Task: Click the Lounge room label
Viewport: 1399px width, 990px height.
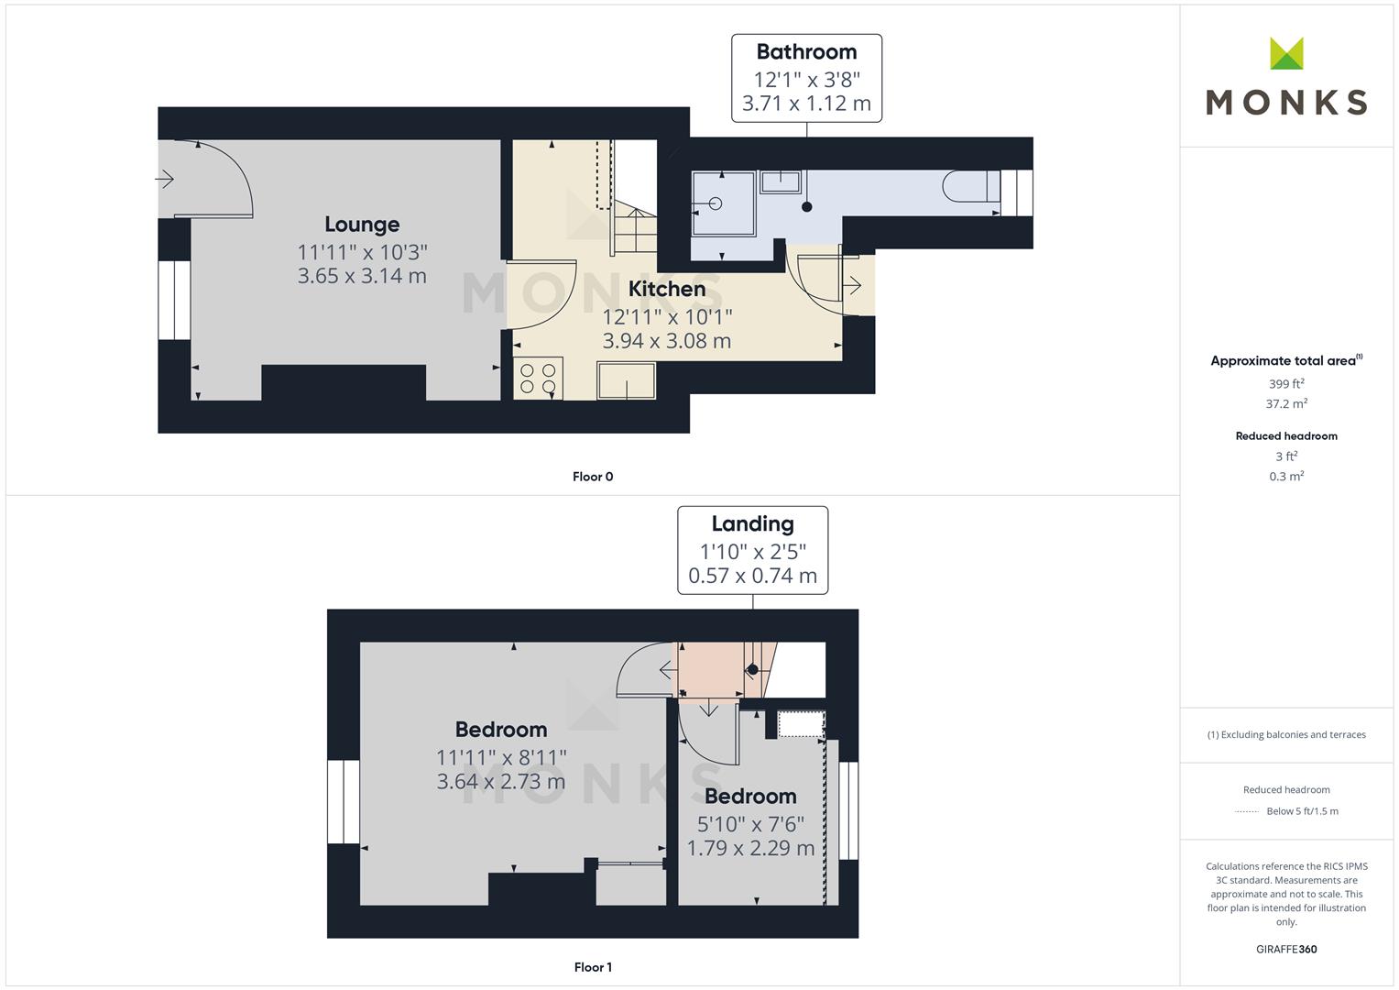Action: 362,225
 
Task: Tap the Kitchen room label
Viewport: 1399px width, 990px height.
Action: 667,289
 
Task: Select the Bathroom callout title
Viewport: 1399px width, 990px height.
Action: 806,52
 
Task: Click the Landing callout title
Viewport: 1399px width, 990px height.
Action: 752,524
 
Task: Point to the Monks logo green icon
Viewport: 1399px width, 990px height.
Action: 1286,54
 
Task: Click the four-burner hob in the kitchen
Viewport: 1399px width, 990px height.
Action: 538,379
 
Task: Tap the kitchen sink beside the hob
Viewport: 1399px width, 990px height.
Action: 627,380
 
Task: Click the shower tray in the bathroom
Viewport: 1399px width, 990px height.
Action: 719,203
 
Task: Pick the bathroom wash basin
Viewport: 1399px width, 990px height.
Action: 781,181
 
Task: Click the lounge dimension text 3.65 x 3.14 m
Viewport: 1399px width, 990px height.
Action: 362,276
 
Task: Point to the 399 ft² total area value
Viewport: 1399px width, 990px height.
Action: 1286,384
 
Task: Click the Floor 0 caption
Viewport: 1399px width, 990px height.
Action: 593,477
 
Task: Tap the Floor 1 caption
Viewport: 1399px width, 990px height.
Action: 593,967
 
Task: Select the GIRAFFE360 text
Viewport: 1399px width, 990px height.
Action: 1286,950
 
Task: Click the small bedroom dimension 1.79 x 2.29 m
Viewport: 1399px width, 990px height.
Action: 750,849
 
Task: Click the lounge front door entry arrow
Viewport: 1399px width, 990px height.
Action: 165,179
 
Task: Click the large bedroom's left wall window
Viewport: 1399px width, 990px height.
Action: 344,802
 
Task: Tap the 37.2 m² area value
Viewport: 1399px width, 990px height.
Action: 1286,403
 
